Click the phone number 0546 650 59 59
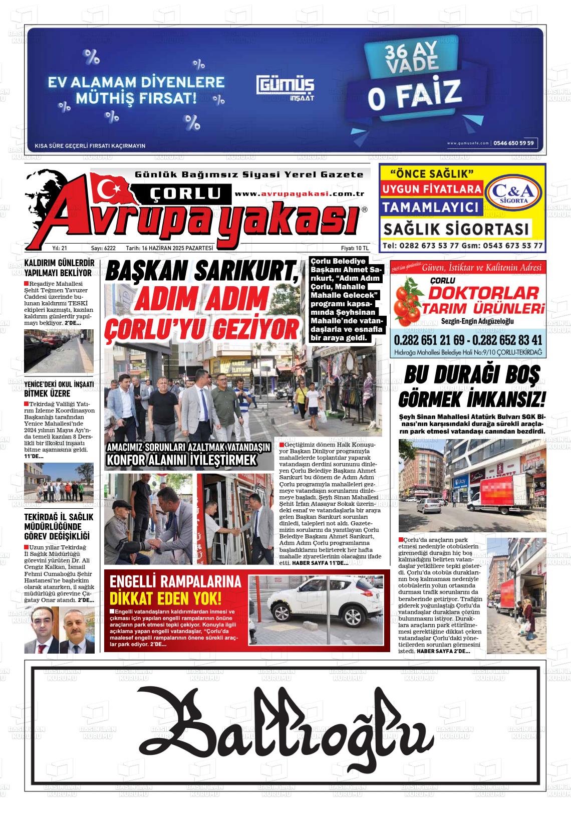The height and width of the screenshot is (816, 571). [x=514, y=143]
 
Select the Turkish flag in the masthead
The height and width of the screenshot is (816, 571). [x=112, y=187]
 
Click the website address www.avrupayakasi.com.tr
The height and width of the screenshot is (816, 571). [x=299, y=194]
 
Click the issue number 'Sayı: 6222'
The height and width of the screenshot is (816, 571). [x=103, y=248]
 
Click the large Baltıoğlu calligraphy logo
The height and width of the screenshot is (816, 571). [x=285, y=724]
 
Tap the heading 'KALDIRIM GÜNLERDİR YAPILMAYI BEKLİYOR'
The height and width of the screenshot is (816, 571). [x=59, y=268]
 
